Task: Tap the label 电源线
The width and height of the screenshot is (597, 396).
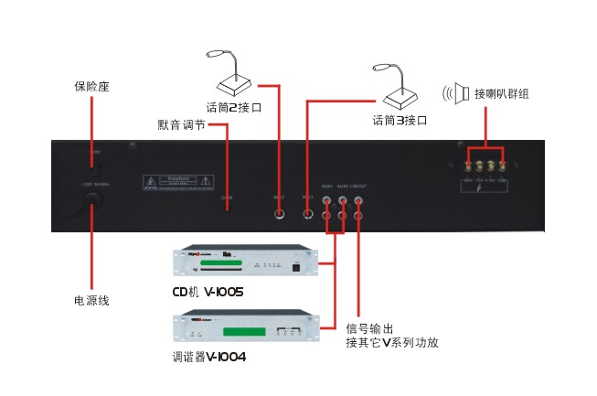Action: [91, 299]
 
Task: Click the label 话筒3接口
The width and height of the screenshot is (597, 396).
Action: [400, 119]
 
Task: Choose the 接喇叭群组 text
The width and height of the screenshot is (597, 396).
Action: [502, 92]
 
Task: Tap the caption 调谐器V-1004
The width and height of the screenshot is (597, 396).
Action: [208, 356]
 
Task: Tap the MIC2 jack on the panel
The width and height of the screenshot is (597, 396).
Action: [279, 214]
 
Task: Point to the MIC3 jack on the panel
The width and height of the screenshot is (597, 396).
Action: [307, 214]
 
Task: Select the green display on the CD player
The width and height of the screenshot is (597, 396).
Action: [216, 266]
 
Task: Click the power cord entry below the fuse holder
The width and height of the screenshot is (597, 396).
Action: [92, 210]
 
